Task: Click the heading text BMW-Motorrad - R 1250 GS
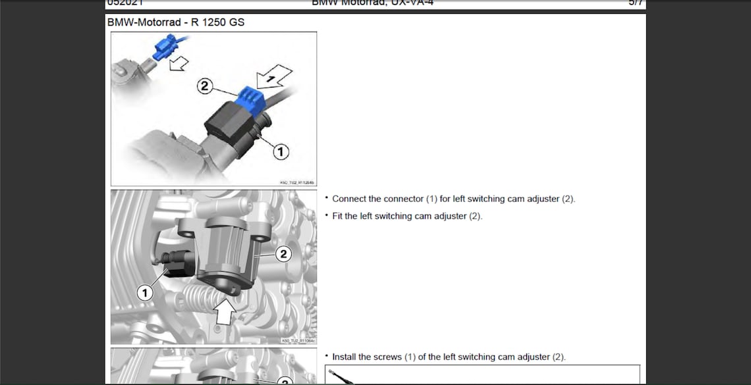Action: [x=175, y=22]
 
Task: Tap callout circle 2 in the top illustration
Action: [x=205, y=86]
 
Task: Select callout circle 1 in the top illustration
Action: [x=281, y=151]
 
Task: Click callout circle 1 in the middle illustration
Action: [x=144, y=292]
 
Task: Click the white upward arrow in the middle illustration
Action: [x=225, y=309]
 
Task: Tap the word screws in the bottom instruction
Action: [x=387, y=357]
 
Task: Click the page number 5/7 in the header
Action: [x=636, y=3]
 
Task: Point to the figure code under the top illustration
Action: [x=298, y=183]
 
